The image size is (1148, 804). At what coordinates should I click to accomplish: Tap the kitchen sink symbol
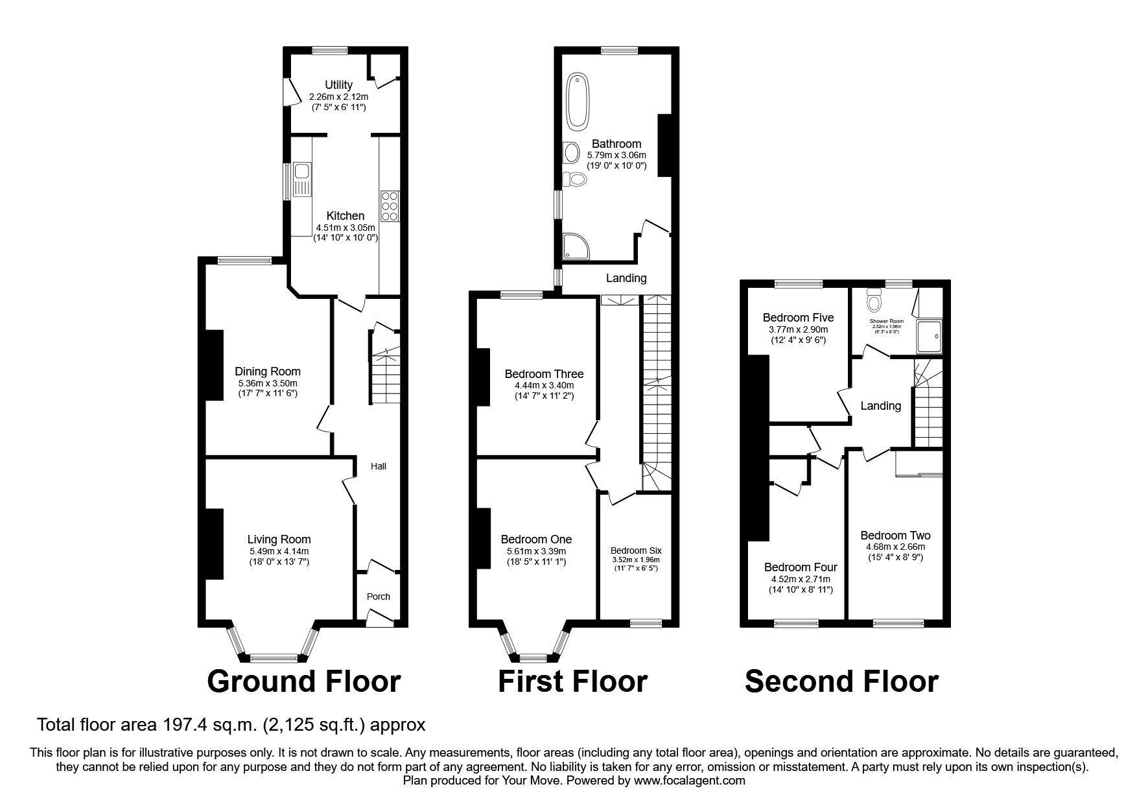[301, 180]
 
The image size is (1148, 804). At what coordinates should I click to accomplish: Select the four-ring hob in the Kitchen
[390, 206]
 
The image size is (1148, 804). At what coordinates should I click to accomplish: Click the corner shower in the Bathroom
[575, 246]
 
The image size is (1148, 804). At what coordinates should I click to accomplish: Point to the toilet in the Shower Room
[874, 301]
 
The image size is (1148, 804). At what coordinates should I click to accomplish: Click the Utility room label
[338, 85]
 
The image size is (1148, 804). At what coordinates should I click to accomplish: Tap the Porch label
[379, 597]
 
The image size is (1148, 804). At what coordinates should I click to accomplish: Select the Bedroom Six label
[636, 550]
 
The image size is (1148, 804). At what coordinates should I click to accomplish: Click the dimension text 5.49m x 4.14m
[279, 551]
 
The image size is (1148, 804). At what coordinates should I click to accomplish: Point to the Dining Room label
[267, 372]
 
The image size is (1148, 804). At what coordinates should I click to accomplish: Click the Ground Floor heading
[303, 681]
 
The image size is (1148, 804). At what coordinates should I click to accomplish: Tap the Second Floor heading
[841, 681]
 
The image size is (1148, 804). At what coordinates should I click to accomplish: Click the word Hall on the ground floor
[378, 466]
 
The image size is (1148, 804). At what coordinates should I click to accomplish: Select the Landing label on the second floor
[880, 406]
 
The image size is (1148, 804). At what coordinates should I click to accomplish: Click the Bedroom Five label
[798, 318]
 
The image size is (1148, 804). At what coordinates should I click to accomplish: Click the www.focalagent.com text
[690, 781]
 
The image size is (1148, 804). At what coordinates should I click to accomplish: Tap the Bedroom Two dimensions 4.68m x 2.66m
[895, 547]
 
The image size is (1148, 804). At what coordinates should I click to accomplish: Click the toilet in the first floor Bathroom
[573, 179]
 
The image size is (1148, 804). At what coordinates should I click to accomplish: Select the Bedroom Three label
[544, 374]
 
